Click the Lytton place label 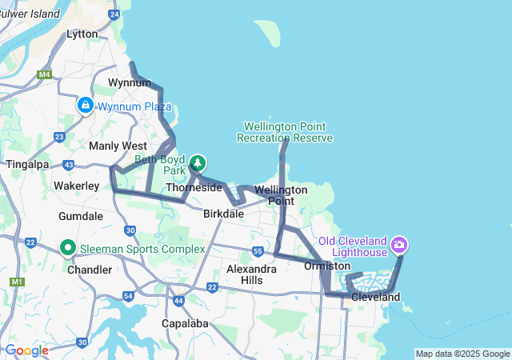point(82,34)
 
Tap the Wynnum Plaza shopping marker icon point(86,105)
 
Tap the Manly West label point(118,146)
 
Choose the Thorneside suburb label point(194,187)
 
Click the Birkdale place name point(223,214)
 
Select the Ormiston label point(327,266)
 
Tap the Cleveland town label point(375,297)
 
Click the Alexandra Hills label point(250,274)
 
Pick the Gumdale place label point(81,216)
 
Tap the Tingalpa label point(27,164)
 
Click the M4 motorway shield point(44,74)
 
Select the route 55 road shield point(257,251)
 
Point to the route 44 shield point(178,301)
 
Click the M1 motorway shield point(17,282)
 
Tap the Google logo point(26,350)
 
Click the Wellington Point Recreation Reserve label point(284,132)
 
